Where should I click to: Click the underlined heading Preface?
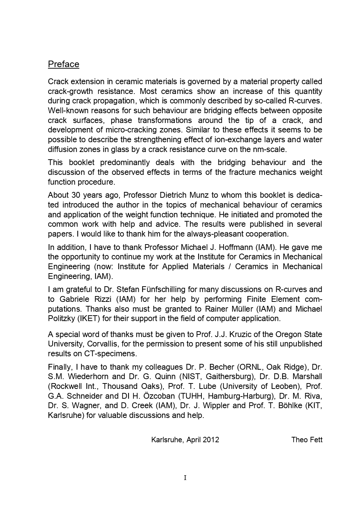point(64,64)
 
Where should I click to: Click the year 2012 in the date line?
point(211,440)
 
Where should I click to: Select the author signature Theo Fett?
point(307,440)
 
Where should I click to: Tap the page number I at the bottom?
point(185,478)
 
